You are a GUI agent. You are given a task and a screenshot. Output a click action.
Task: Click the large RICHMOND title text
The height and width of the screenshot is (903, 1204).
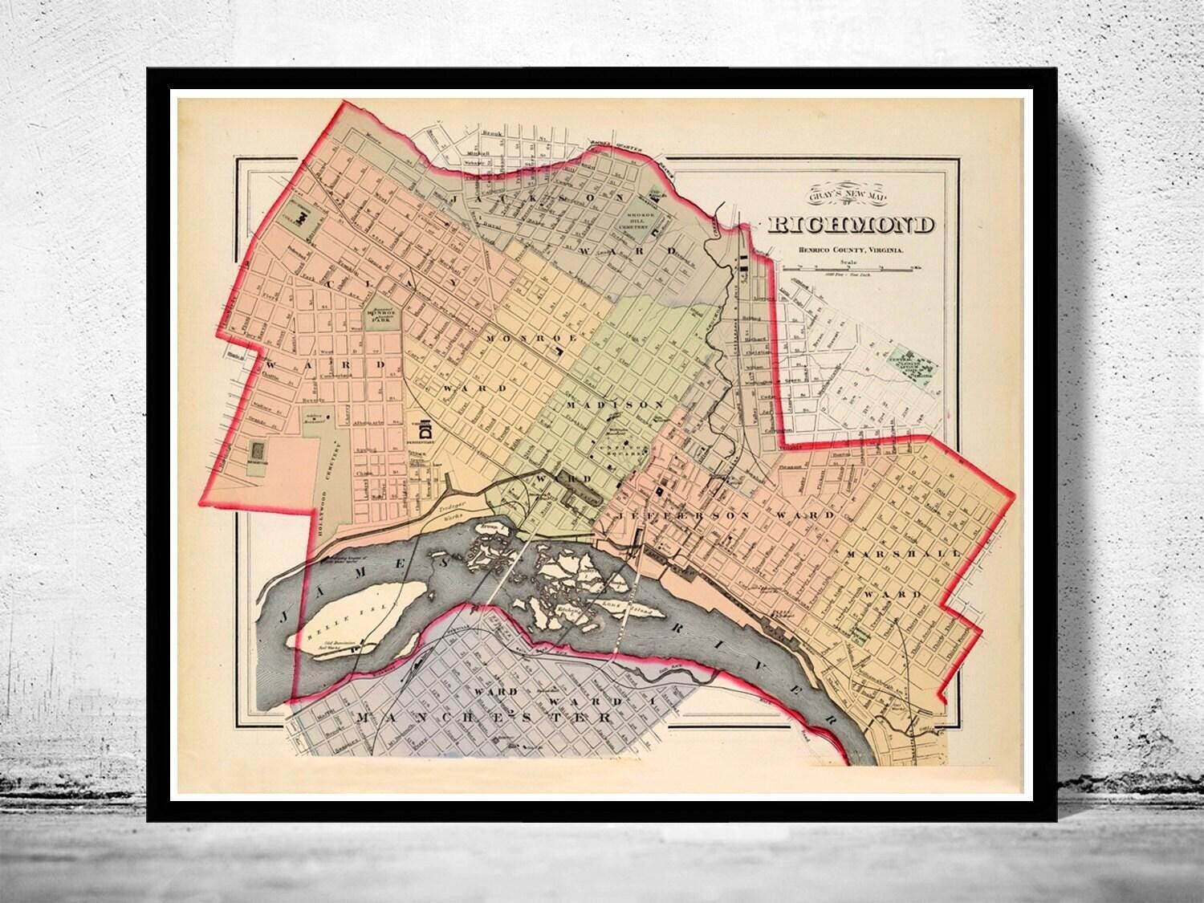(851, 225)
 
